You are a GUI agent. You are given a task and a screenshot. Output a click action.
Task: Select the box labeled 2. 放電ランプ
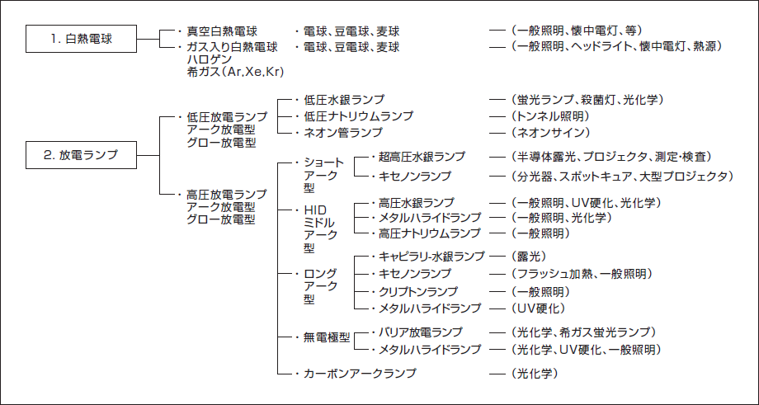click(x=81, y=153)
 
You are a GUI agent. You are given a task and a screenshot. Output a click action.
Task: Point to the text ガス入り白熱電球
click(x=233, y=47)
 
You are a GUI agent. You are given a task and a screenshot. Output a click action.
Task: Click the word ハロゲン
click(x=211, y=59)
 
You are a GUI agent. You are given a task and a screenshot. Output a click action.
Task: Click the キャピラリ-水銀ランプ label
click(x=431, y=257)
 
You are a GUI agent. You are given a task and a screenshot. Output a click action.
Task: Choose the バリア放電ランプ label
click(x=420, y=332)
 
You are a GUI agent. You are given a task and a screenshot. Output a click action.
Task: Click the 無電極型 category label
click(x=322, y=337)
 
